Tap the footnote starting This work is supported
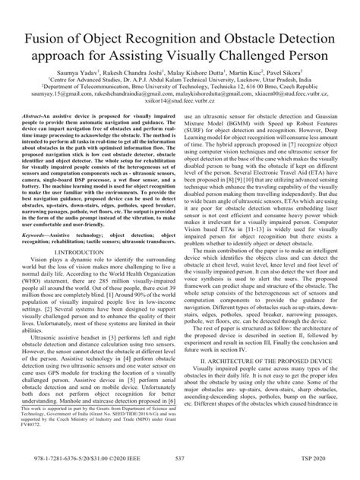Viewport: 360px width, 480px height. (98, 429)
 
